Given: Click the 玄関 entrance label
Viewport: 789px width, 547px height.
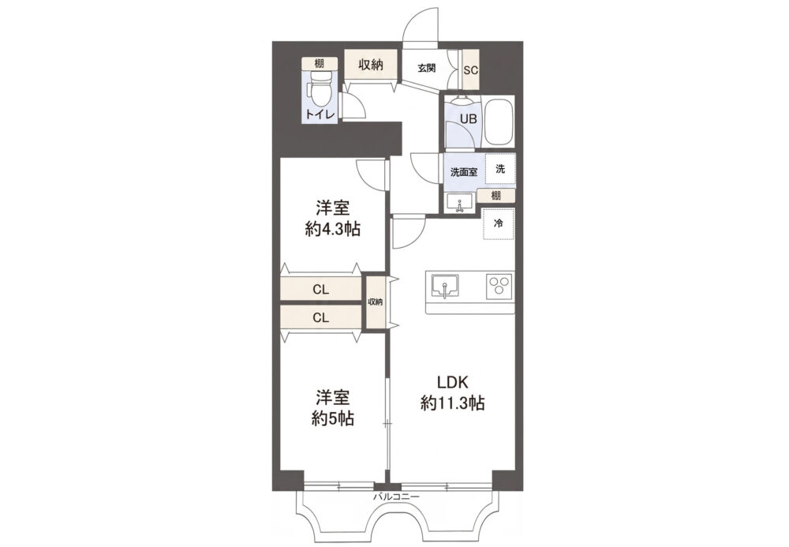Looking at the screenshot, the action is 426,69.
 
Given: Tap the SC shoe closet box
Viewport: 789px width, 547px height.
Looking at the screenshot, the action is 470,69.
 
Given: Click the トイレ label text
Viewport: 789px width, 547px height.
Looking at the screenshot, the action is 320,114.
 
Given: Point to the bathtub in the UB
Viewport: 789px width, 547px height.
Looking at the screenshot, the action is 499,122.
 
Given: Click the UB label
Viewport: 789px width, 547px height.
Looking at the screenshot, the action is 469,120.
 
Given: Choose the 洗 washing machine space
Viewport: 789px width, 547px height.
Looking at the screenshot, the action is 500,169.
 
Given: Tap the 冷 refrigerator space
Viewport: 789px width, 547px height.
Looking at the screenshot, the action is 498,224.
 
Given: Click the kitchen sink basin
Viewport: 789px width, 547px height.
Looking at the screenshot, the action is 444,287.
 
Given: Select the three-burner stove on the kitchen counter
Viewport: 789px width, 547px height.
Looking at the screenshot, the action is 499,286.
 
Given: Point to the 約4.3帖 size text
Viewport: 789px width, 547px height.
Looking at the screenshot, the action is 333,230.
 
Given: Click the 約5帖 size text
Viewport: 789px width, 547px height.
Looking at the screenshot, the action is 333,418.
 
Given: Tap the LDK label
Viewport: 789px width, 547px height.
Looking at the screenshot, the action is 452,383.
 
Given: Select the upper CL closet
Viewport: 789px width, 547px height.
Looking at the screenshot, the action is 321,290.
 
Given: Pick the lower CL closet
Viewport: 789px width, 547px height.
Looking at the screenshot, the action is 321,317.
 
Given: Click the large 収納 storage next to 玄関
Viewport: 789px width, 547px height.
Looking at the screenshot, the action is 371,64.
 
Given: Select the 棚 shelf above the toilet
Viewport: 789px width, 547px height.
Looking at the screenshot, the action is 319,63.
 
